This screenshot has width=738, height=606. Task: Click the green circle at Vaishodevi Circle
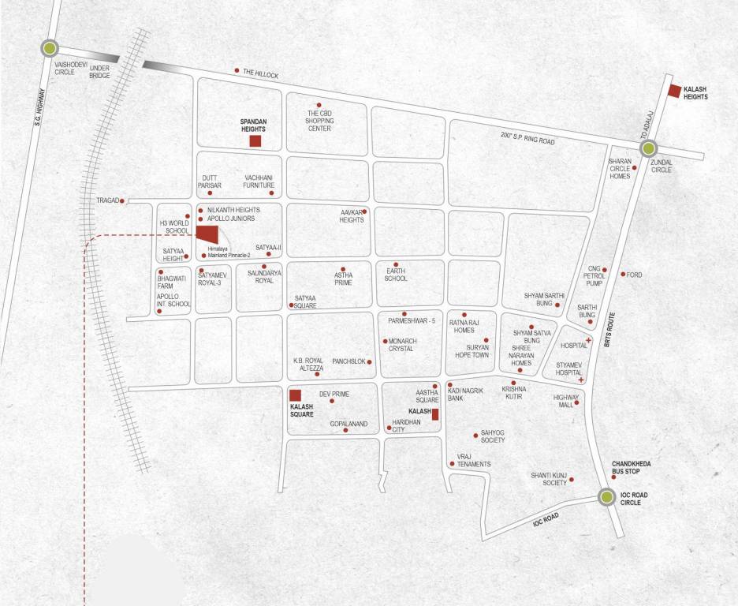point(50,49)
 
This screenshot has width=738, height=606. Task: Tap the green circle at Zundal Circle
point(648,148)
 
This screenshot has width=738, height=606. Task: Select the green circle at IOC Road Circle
point(606,497)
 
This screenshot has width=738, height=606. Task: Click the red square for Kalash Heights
point(674,90)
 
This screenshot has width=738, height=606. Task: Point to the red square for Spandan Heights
point(255,141)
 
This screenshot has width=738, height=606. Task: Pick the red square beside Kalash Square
point(295,395)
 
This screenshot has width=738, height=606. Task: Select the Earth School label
point(396,274)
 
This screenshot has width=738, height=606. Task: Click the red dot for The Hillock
point(237,71)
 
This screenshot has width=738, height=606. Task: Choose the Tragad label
point(107,201)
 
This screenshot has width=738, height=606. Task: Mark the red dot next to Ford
point(623,275)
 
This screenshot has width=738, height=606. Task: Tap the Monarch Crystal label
point(401,345)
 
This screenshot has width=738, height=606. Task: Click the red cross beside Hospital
point(588,340)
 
